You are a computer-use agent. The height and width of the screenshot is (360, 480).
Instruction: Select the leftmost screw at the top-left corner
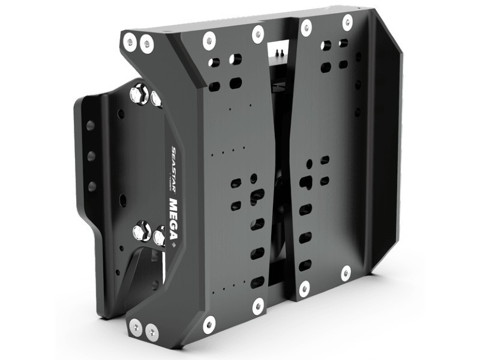click(x=128, y=41)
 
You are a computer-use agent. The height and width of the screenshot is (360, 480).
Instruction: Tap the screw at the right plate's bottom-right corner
click(x=346, y=274)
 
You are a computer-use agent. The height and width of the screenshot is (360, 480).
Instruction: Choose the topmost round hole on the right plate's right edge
click(x=359, y=59)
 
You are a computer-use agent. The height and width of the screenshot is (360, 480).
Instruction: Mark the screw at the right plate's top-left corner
click(x=306, y=26)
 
